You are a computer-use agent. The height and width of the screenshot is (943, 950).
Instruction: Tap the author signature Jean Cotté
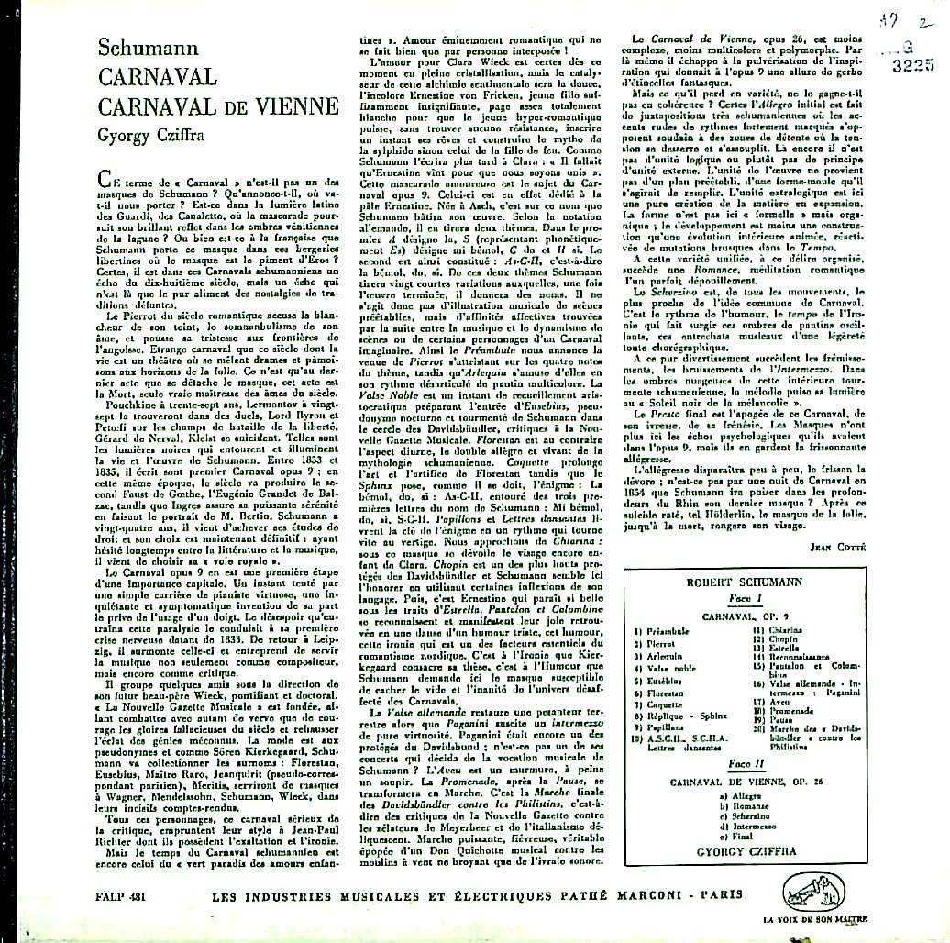pos(879,547)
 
